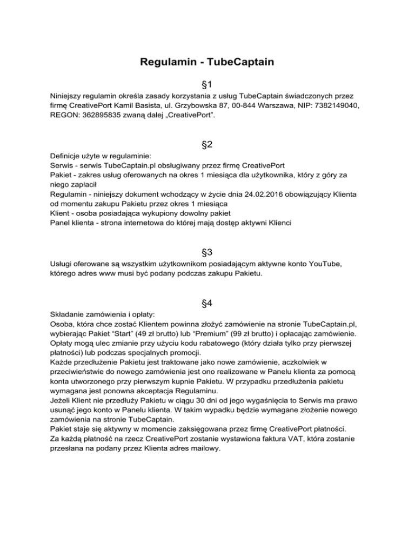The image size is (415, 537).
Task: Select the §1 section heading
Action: tap(207, 84)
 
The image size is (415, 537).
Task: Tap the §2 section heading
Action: tap(207, 145)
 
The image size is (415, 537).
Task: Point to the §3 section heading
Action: tap(207, 252)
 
